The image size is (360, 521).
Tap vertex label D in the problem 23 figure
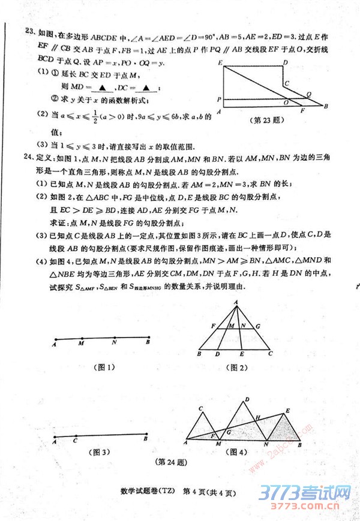286,62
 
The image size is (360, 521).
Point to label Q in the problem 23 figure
308,94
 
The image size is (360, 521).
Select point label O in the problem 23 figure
286,103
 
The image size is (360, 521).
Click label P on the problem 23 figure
220,100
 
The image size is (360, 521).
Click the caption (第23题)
265,120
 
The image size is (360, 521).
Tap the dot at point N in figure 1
115,338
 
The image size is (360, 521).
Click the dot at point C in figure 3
76,436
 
